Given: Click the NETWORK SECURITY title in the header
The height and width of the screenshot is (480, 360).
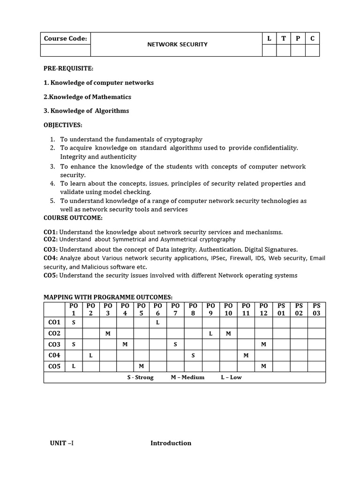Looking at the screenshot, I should tap(177, 45).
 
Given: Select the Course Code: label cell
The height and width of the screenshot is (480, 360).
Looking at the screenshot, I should tap(66, 38).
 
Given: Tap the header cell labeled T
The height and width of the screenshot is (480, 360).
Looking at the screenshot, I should tap(283, 38).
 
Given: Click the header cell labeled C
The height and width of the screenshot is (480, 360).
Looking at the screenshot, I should tap(312, 38).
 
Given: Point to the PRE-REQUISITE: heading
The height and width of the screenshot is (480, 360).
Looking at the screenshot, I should tap(68, 68).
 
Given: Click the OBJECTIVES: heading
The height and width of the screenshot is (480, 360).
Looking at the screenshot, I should tap(63, 125).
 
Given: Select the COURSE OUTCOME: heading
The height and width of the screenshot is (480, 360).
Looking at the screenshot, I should tap(73, 218).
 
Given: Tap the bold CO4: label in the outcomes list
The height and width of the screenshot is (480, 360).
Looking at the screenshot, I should tap(51, 258).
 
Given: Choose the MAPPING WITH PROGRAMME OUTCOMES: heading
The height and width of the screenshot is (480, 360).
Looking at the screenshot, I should tap(108, 297).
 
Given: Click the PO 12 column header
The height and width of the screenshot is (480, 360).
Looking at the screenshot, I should tap(263, 309).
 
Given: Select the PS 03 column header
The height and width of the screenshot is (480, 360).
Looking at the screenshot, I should tap(316, 309).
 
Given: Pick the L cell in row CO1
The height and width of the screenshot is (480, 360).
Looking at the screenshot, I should tap(158, 322).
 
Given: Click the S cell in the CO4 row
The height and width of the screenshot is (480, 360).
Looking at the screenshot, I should tap(193, 356).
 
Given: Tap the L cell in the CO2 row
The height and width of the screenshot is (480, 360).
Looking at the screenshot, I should tap(211, 333).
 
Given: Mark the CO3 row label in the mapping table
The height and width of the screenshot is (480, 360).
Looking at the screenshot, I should tap(54, 345).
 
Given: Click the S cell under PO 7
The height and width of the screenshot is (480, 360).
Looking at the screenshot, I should tap(175, 345).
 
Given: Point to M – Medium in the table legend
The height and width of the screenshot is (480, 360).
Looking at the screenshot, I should tap(187, 377).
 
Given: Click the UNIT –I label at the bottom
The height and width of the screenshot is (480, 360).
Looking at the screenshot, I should tap(62, 443).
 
